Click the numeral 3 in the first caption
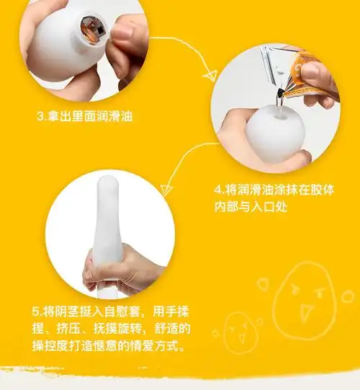click(40, 115)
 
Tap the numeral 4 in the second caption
click(218, 191)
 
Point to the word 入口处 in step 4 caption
click(277, 208)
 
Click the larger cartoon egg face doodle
click(305, 289)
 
